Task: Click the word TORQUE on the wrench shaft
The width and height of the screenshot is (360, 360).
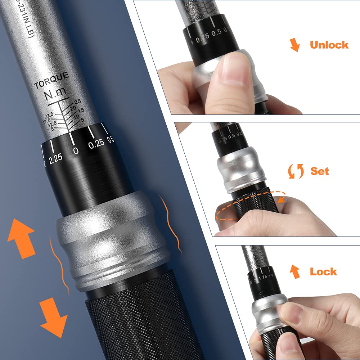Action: [x=51, y=81]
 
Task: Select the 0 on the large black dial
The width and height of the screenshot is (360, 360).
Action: [x=76, y=150]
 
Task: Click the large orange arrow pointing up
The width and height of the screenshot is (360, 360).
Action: [x=22, y=237]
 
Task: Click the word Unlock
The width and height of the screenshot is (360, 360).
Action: [x=329, y=45]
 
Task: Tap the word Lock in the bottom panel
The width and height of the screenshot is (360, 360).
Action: [x=323, y=271]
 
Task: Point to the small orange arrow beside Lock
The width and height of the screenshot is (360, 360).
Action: [x=296, y=271]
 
